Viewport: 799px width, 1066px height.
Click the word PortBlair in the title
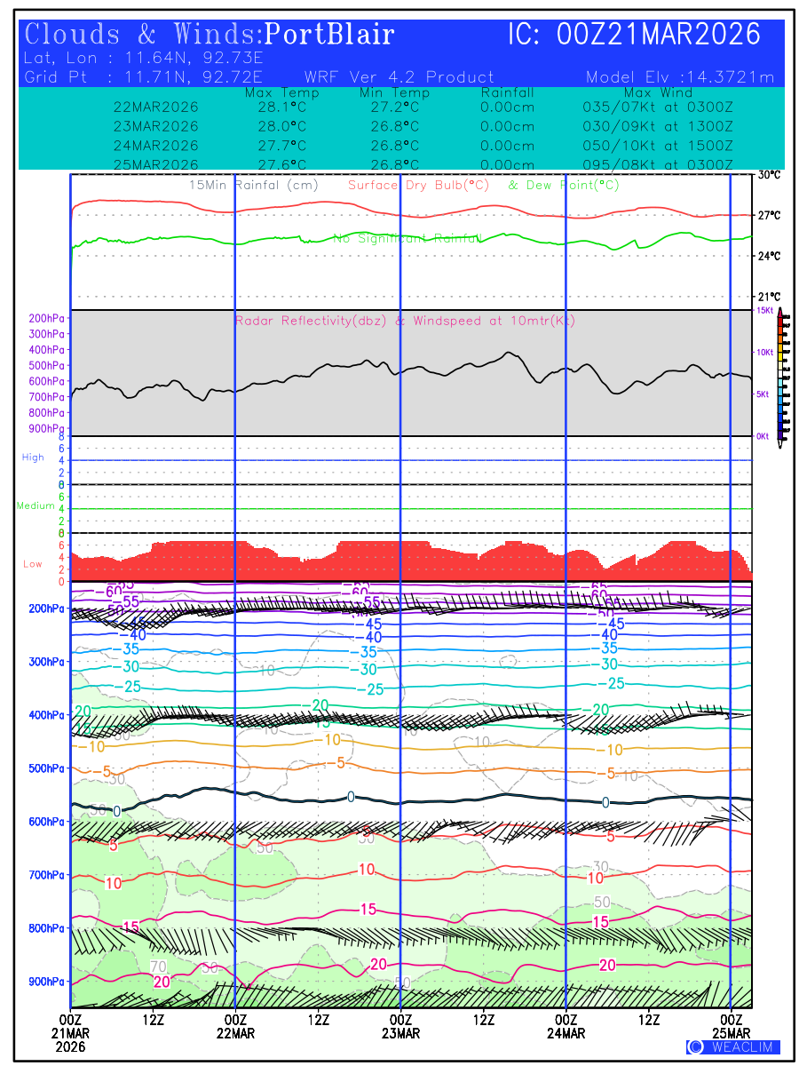[329, 35]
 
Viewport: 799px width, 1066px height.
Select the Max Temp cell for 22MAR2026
[275, 107]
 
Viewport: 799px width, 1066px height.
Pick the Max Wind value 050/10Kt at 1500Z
[652, 146]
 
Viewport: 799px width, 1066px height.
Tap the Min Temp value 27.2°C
[395, 107]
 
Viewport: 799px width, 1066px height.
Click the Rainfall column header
[508, 92]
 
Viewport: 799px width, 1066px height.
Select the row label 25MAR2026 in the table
[156, 164]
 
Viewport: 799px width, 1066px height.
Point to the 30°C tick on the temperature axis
[769, 175]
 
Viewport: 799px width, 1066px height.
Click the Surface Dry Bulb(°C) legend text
[418, 186]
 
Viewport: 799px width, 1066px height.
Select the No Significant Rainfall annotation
[407, 238]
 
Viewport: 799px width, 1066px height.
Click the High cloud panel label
[33, 457]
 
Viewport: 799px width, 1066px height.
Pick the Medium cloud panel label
[36, 506]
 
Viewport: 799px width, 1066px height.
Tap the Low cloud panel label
[33, 564]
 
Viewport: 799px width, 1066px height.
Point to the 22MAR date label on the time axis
[235, 1033]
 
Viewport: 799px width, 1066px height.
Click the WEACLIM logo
[733, 1046]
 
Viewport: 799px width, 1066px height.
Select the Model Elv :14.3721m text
[680, 77]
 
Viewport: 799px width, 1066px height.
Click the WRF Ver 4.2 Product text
[399, 77]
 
